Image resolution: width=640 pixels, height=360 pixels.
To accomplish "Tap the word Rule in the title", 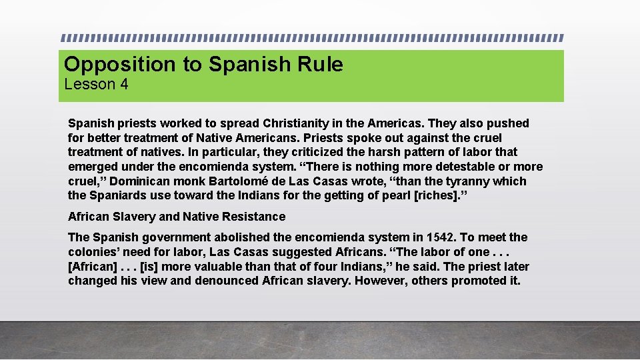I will click(323, 65).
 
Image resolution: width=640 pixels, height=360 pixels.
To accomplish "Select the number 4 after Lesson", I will click(124, 85).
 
